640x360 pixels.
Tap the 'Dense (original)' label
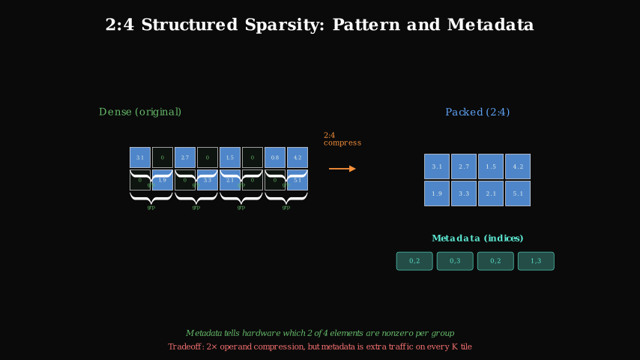coord(140,112)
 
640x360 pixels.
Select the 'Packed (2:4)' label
coord(477,112)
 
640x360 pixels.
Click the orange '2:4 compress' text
coord(342,139)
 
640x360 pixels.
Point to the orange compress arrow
coord(342,169)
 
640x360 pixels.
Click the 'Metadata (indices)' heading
coord(477,238)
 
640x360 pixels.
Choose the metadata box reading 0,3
coord(455,261)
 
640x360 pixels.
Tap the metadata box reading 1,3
coord(536,261)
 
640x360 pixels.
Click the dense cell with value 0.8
coord(275,157)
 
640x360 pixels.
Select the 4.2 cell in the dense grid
coord(298,157)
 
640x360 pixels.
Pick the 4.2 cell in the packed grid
coord(518,166)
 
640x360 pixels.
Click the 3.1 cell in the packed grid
coord(437,166)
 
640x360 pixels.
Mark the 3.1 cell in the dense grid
coord(140,157)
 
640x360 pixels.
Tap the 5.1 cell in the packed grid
coord(518,193)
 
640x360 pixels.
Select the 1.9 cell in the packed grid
coord(437,193)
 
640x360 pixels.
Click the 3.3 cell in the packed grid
coord(464,193)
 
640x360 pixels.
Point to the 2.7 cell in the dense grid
coord(185,157)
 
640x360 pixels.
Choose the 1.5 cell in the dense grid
coord(230,157)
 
